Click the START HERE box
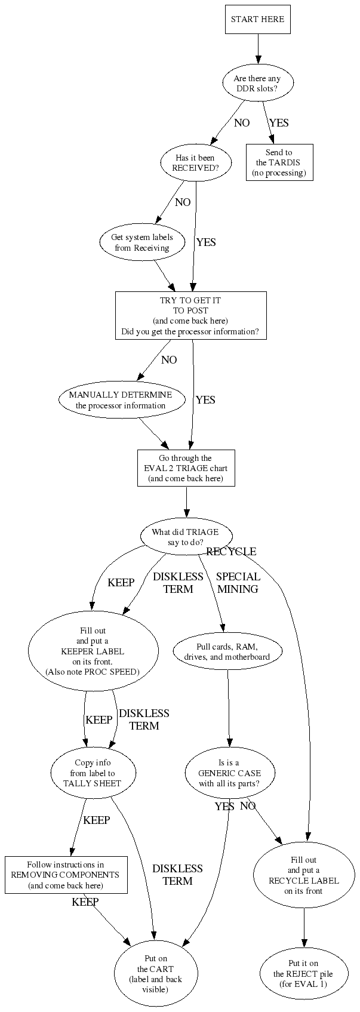click(258, 19)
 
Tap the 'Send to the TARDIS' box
click(279, 162)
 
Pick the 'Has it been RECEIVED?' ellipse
click(195, 163)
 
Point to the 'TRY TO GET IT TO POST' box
click(190, 315)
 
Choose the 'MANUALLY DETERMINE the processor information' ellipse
click(121, 400)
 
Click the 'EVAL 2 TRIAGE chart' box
click(186, 468)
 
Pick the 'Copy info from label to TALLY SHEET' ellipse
click(92, 773)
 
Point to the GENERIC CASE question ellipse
click(229, 773)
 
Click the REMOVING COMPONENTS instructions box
click(66, 875)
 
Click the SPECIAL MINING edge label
click(238, 583)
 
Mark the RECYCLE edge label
click(231, 552)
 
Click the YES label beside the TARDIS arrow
click(279, 123)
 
